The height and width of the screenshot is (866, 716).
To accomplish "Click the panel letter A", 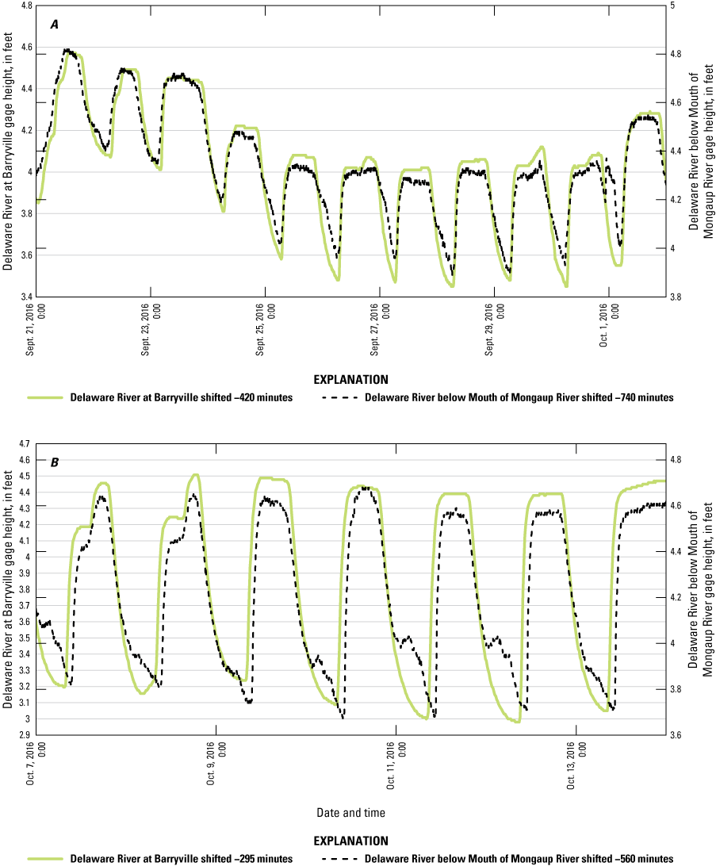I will [55, 25].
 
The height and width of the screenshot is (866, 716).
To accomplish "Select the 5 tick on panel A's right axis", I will [673, 6].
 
